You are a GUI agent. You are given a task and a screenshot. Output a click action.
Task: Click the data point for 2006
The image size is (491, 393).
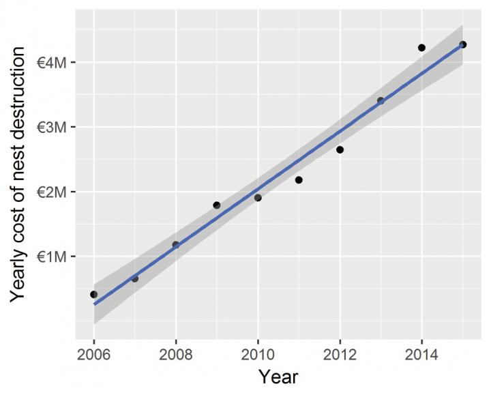point(94,294)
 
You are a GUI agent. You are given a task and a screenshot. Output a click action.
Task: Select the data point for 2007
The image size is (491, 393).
point(135,278)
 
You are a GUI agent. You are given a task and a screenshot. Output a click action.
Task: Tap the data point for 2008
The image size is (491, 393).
point(176,244)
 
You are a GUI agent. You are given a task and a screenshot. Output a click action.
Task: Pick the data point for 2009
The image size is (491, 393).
point(217,205)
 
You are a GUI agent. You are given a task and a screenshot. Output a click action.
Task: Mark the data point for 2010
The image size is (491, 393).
point(258,198)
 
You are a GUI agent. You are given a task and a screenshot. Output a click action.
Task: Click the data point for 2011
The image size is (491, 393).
point(299,180)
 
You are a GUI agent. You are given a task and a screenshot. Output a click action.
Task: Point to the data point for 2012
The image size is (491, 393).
point(340,149)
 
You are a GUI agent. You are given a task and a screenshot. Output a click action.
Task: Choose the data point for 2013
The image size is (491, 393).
point(381,100)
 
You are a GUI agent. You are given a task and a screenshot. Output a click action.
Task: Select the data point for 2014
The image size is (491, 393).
point(421,48)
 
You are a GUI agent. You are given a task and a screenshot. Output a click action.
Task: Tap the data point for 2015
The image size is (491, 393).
point(462,44)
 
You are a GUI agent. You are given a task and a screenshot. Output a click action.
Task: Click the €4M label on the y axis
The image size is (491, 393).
point(51,63)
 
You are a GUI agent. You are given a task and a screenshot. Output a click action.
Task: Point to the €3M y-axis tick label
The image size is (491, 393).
point(51,128)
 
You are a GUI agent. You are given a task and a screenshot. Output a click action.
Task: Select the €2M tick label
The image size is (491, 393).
point(51,192)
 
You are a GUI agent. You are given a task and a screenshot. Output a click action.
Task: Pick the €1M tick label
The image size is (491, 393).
point(51,257)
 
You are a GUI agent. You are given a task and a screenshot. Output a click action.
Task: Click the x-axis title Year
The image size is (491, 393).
point(278,376)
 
